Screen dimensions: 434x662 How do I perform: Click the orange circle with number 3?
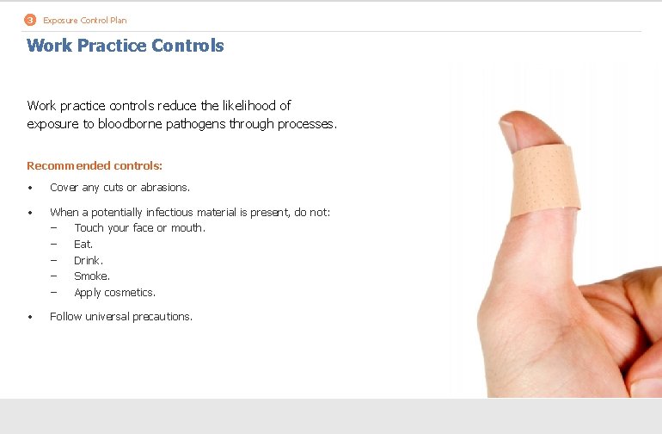coord(30,20)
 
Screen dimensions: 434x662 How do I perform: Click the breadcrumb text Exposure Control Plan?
coord(84,20)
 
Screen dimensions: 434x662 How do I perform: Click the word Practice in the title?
coord(110,46)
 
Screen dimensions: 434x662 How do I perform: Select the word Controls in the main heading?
coord(187,46)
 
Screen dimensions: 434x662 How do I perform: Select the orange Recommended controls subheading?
coord(95,165)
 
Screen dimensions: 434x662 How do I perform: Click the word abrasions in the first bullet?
coord(165,188)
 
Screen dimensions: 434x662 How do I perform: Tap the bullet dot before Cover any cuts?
coord(30,188)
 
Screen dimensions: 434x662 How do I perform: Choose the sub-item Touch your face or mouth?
coord(139,228)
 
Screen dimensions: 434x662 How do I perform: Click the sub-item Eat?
coord(83,245)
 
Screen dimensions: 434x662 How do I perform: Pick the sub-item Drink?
coord(88,261)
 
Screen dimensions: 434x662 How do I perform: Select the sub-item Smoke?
coord(91,276)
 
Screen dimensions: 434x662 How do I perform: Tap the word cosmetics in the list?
coord(129,293)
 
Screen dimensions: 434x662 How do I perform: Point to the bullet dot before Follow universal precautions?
coord(30,317)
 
